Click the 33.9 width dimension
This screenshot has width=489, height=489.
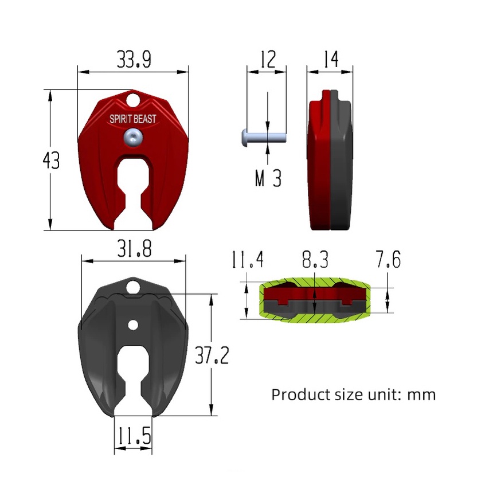click(134, 59)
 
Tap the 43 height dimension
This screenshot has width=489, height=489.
click(51, 161)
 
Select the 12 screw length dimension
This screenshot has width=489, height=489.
click(268, 59)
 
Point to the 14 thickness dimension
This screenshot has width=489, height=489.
click(331, 59)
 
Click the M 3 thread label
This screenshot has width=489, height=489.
click(268, 178)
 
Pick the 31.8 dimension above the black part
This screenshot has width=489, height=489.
click(134, 249)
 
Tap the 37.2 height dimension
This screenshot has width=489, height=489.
click(212, 355)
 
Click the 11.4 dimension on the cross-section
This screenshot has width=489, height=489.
click(248, 259)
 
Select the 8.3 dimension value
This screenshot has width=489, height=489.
click(315, 259)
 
